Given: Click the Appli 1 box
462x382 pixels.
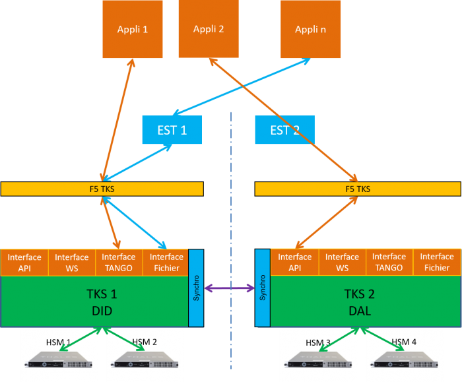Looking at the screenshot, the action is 133,29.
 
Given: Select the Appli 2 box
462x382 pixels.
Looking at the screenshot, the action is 209,29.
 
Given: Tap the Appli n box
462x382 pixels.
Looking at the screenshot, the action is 311,29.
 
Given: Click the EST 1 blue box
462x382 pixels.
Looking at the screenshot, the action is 172,129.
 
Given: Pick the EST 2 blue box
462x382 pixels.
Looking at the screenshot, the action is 285,129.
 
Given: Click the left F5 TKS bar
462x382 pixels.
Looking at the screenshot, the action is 102,189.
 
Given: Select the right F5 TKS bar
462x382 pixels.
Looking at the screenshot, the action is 358,189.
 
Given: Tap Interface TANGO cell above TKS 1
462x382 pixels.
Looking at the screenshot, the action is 119,263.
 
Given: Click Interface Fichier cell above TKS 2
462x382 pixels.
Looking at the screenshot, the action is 437,262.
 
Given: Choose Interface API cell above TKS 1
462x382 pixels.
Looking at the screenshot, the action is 24,263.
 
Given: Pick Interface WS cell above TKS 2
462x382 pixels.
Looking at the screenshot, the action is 343,262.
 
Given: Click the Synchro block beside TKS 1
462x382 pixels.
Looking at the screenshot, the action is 196,288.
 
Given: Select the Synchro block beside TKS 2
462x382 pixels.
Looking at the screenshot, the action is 263,288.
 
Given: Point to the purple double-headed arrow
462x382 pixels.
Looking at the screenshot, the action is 229,288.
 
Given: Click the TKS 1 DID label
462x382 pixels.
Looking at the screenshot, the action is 102,302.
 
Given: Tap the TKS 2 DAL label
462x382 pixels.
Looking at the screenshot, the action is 360,302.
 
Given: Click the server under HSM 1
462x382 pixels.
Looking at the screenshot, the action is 58,360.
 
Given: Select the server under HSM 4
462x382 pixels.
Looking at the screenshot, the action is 404,360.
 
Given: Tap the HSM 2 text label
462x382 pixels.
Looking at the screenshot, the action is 145,342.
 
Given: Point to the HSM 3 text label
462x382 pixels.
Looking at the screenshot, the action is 318,343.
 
